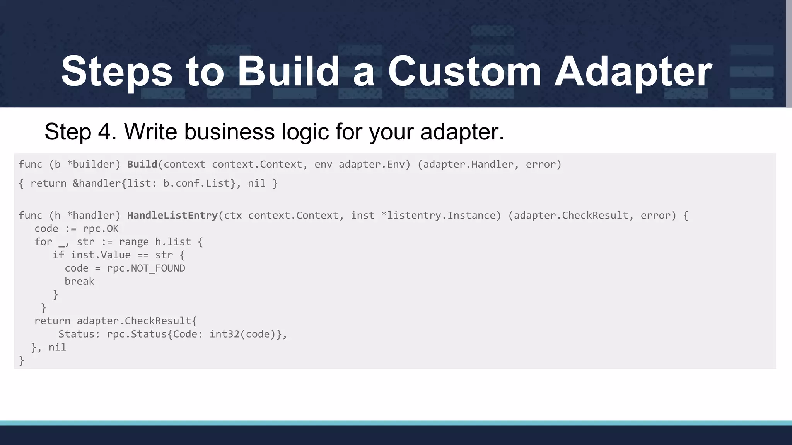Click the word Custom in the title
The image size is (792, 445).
click(464, 71)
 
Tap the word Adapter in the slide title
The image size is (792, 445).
click(633, 71)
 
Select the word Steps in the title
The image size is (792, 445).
click(116, 71)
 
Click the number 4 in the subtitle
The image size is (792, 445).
click(104, 132)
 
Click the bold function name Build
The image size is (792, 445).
click(142, 165)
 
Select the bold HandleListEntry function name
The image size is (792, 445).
click(172, 216)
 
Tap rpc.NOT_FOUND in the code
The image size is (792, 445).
click(146, 268)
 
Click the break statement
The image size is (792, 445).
click(79, 282)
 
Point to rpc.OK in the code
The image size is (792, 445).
click(101, 229)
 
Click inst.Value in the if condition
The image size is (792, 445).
click(101, 255)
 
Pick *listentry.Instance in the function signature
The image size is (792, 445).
click(441, 216)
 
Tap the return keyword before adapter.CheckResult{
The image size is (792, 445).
click(52, 321)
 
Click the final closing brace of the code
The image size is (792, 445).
click(22, 361)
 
